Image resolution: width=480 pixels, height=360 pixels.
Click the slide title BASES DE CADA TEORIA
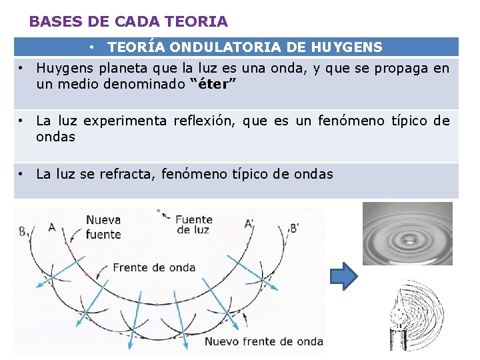129,21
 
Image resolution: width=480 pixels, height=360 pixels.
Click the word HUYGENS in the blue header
347,47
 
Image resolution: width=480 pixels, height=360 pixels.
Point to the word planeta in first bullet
123,68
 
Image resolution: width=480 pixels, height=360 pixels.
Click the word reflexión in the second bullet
204,121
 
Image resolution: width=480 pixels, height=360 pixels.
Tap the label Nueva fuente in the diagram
103,227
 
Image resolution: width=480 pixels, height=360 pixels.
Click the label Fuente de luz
195,224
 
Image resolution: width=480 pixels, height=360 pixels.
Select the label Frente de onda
154,267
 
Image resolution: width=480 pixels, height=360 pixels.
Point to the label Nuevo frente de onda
263,341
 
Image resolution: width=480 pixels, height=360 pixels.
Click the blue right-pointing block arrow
344,276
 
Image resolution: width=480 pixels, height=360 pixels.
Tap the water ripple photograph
407,233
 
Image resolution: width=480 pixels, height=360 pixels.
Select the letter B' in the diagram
293,228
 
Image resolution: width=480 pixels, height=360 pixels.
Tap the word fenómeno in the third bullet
194,174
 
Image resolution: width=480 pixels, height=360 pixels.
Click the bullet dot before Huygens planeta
23,68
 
